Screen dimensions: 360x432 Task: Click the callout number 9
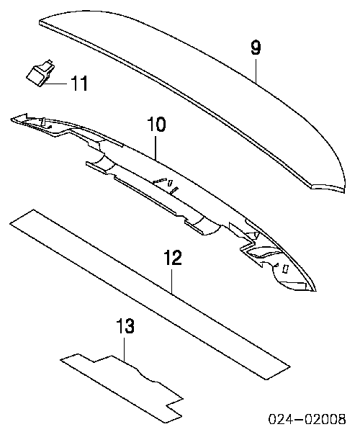pyautogui.click(x=256, y=48)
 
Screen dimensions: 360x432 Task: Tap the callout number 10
pyautogui.click(x=156, y=125)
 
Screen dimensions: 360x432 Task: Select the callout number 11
pyautogui.click(x=79, y=83)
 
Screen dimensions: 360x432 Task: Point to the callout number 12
pyautogui.click(x=172, y=258)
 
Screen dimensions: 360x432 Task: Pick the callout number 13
pyautogui.click(x=125, y=326)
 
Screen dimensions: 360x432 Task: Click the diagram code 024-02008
pyautogui.click(x=307, y=419)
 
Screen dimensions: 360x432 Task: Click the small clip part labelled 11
pyautogui.click(x=40, y=73)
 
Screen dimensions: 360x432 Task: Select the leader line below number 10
pyautogui.click(x=156, y=146)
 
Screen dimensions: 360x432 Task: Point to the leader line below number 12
pyautogui.click(x=172, y=281)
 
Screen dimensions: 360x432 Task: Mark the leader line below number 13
pyautogui.click(x=125, y=348)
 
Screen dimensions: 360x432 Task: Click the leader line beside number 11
pyautogui.click(x=56, y=84)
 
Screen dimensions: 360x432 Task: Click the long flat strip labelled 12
pyautogui.click(x=150, y=294)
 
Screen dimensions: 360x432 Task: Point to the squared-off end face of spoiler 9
pyautogui.click(x=328, y=188)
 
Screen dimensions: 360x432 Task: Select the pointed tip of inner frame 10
pyautogui.click(x=316, y=290)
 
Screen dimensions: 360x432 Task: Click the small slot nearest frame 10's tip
pyautogui.click(x=286, y=269)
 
